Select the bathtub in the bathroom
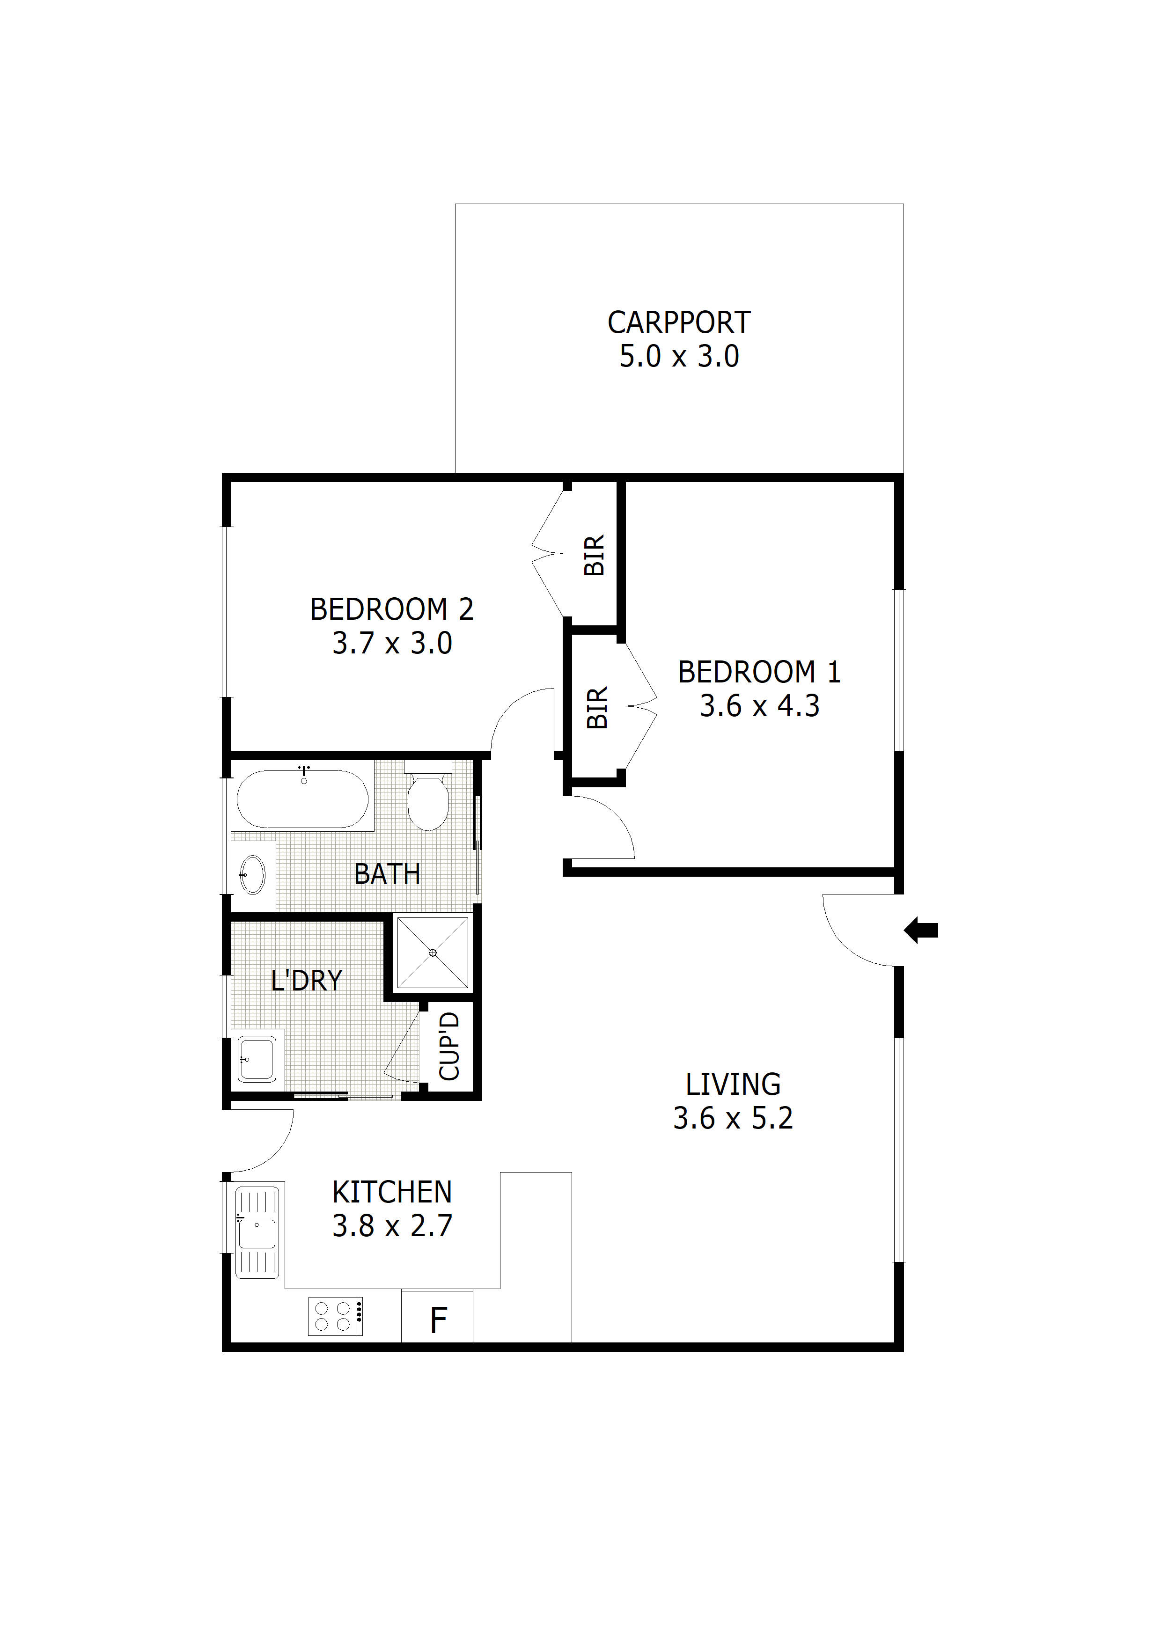pyautogui.click(x=302, y=799)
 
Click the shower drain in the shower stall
pyautogui.click(x=433, y=953)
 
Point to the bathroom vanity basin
pyautogui.click(x=252, y=875)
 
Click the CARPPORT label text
pyautogui.click(x=679, y=323)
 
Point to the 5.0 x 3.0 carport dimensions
pyautogui.click(x=679, y=356)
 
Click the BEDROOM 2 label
pyautogui.click(x=392, y=609)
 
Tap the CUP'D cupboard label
pyautogui.click(x=448, y=1046)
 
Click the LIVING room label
pyautogui.click(x=733, y=1084)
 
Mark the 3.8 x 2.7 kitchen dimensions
pyautogui.click(x=392, y=1226)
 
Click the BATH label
pyautogui.click(x=388, y=874)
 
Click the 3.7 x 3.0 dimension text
pyautogui.click(x=392, y=643)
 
